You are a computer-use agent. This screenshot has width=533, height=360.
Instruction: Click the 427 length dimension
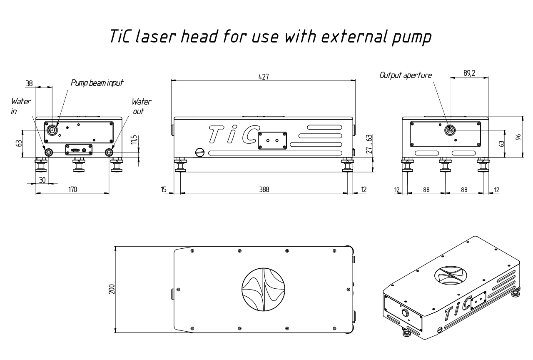(x=264, y=77)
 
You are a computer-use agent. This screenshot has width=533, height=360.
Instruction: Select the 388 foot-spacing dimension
(x=264, y=190)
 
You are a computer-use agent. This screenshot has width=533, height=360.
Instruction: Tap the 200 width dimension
(x=112, y=289)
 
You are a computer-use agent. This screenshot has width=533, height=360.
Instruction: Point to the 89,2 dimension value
(x=469, y=73)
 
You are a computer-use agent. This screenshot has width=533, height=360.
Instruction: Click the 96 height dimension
(x=518, y=137)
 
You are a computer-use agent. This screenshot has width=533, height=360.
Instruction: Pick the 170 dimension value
(x=72, y=190)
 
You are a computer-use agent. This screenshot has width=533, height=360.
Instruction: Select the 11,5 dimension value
(x=134, y=140)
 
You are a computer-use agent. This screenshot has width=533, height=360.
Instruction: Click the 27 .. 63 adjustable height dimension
(x=369, y=144)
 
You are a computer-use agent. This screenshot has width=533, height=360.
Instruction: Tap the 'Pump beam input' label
(x=97, y=83)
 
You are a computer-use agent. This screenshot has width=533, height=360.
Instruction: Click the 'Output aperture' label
(x=406, y=75)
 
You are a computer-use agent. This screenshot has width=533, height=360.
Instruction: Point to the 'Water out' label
(x=141, y=106)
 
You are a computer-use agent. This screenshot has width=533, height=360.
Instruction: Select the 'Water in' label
(x=21, y=106)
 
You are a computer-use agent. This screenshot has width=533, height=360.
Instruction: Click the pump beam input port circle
(x=52, y=130)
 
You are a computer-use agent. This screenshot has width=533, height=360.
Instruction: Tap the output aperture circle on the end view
(x=450, y=130)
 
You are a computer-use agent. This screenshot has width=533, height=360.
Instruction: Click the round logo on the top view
(x=264, y=290)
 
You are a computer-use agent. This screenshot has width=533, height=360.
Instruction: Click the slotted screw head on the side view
(x=200, y=152)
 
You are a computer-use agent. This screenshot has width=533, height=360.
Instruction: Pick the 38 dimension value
(x=29, y=84)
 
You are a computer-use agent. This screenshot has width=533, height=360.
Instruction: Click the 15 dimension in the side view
(x=164, y=190)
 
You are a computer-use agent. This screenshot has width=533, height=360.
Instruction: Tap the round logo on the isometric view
(x=451, y=275)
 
